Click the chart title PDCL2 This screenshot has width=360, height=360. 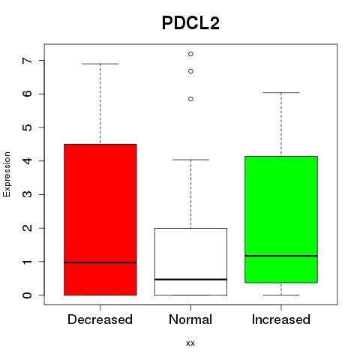pyautogui.click(x=190, y=23)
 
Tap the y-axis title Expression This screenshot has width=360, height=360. pyautogui.click(x=7, y=174)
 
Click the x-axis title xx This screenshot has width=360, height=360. pyautogui.click(x=190, y=343)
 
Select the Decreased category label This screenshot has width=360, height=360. pyautogui.click(x=100, y=319)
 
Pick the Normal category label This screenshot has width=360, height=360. pyautogui.click(x=190, y=319)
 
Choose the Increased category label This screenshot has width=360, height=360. pyautogui.click(x=281, y=319)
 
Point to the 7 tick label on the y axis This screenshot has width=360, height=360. pyautogui.click(x=28, y=61)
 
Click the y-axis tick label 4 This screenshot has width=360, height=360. pyautogui.click(x=28, y=160)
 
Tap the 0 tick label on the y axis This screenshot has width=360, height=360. pyautogui.click(x=28, y=295)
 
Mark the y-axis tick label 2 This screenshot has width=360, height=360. pyautogui.click(x=28, y=228)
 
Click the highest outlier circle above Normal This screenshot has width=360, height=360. pyautogui.click(x=190, y=54)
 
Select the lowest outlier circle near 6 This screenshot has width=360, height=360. pyautogui.click(x=190, y=99)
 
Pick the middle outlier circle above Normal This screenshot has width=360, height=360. pyautogui.click(x=190, y=71)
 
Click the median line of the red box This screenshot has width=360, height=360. pyautogui.click(x=100, y=262)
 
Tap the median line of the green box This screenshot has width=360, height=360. pyautogui.click(x=281, y=256)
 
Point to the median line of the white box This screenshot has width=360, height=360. pyautogui.click(x=190, y=279)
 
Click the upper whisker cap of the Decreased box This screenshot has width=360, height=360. pyautogui.click(x=100, y=64)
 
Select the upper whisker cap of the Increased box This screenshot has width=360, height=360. pyautogui.click(x=281, y=93)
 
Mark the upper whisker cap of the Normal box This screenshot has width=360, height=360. pyautogui.click(x=190, y=160)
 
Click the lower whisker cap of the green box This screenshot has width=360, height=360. pyautogui.click(x=281, y=295)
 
